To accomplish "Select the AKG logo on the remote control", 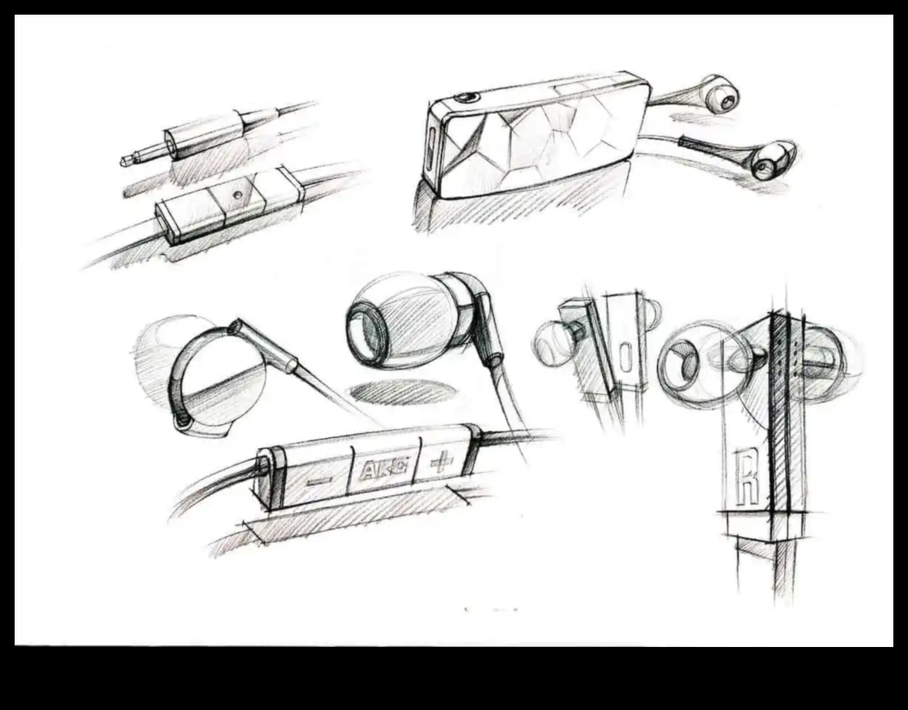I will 384,469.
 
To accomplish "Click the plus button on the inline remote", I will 442,462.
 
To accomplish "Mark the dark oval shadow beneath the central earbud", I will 398,392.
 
